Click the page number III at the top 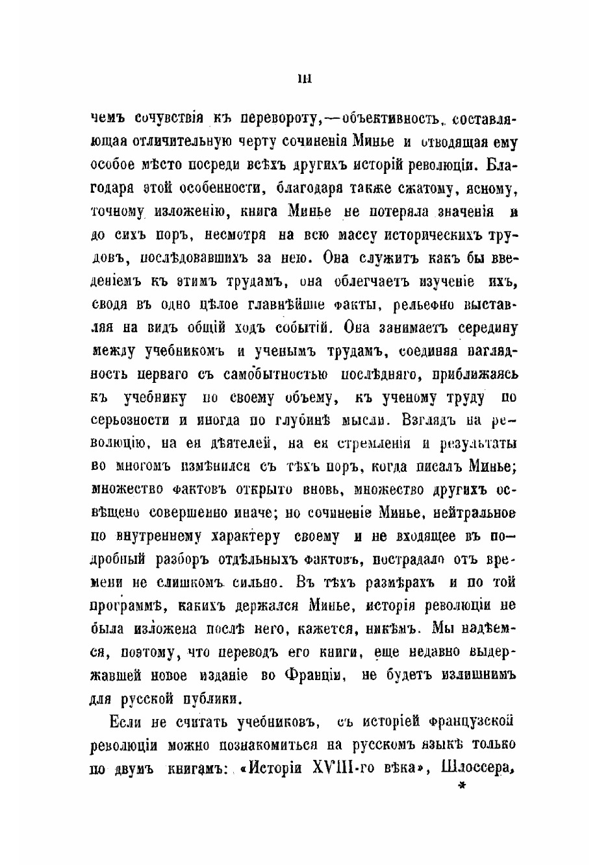coord(304,79)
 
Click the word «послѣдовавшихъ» coord(199,258)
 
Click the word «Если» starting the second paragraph coord(125,722)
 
